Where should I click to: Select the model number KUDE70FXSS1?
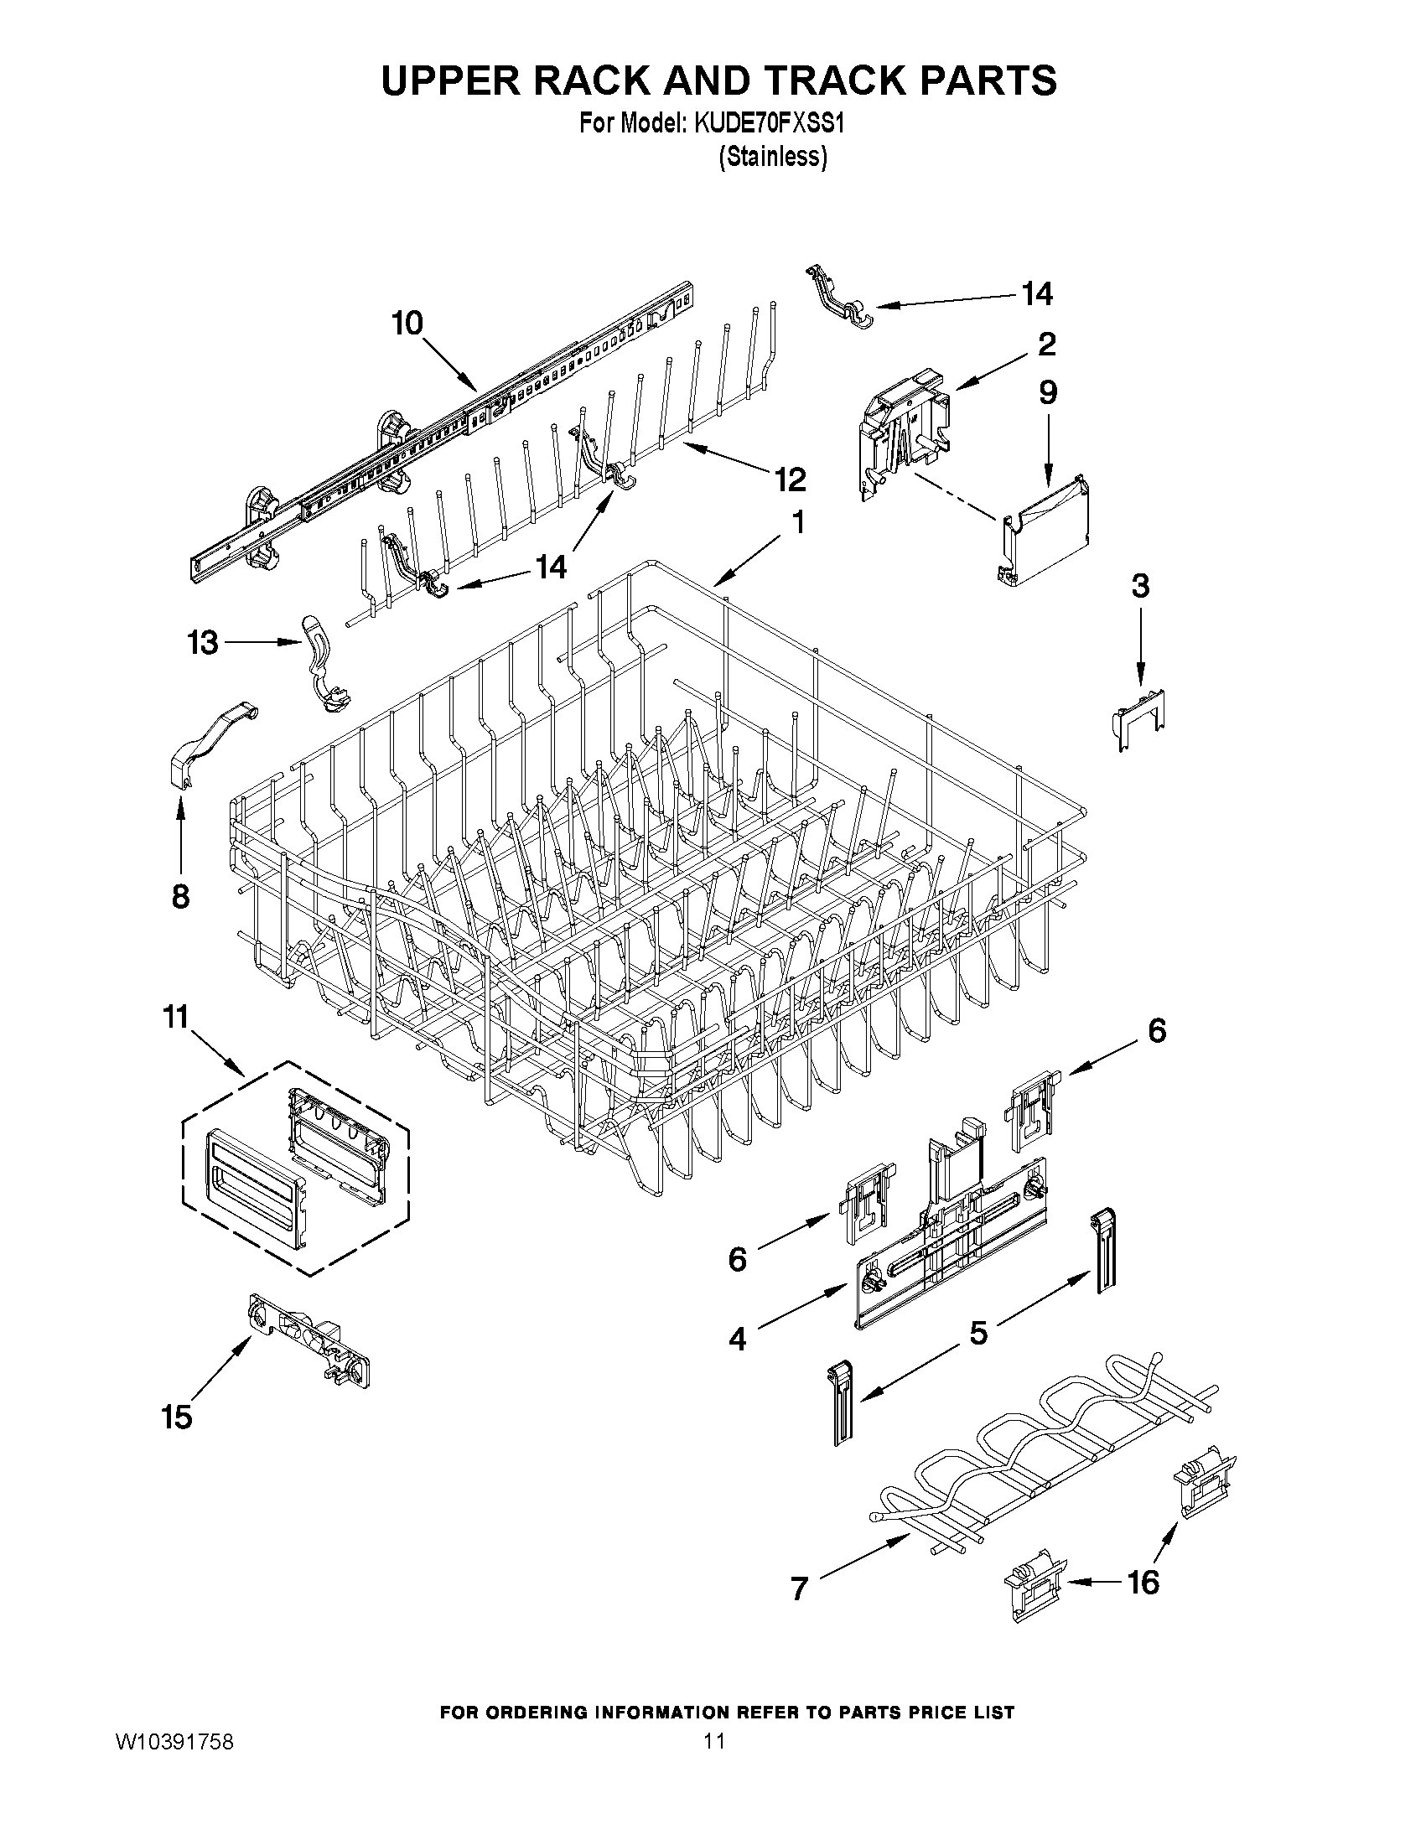coord(769,123)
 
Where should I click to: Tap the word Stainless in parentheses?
coord(772,157)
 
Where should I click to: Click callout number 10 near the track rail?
coord(407,324)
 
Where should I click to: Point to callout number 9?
coord(1048,393)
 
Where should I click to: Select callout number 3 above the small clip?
coord(1140,585)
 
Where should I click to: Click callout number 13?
coord(203,643)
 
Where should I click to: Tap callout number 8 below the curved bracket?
coord(180,896)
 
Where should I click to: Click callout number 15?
coord(177,1417)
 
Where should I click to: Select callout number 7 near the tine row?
coord(799,1588)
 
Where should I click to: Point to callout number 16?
coord(1143,1583)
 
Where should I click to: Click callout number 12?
coord(791,479)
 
